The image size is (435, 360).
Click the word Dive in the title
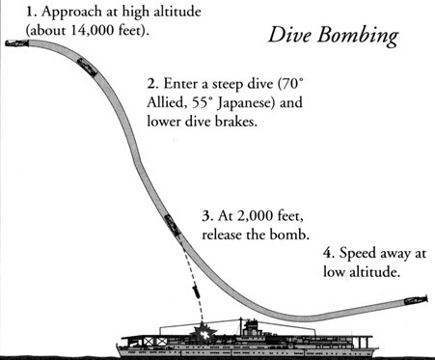coord(289,34)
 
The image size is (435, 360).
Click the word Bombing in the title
coord(358,36)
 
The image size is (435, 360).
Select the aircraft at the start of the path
coord(17,42)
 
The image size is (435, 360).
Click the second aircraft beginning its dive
coord(87,68)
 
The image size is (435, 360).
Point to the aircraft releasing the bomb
coord(172,226)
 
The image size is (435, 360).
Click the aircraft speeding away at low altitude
coord(416,300)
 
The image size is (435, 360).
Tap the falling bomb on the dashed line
coord(196,292)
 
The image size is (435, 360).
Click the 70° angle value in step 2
coord(293,84)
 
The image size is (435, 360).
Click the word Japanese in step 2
coord(245,104)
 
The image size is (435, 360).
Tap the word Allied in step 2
coord(168,103)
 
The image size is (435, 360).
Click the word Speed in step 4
coord(358,254)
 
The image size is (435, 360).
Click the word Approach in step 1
coord(71,13)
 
